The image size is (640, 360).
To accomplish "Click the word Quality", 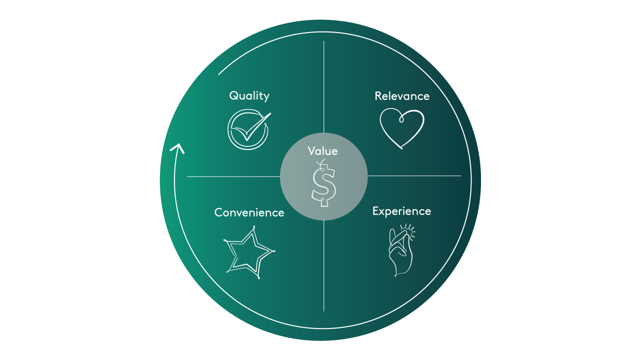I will tap(249, 95).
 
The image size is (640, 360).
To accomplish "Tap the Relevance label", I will tap(402, 96).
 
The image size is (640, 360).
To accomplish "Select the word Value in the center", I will tap(322, 151).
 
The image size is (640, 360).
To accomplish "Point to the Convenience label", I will tap(249, 212).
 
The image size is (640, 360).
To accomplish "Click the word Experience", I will tap(401, 211).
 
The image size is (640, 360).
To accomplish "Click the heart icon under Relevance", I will tap(402, 128).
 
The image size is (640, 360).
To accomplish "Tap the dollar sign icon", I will tap(323, 183).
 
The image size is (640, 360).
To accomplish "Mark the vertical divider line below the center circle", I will tap(324, 265).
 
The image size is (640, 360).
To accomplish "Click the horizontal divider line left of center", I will tap(233, 176).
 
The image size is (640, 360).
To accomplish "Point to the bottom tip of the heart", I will tap(401, 148).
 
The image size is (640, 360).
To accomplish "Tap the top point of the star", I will tap(254, 228).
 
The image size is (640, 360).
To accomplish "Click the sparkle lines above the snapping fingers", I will tap(410, 228).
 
